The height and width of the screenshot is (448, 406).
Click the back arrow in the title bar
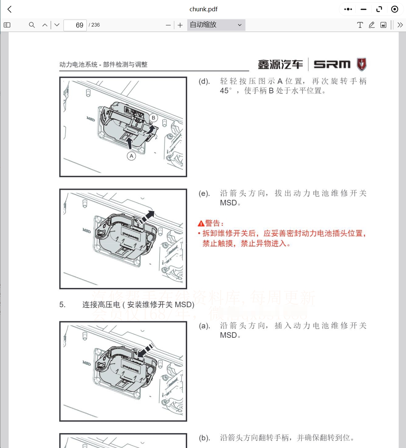(x=10, y=9)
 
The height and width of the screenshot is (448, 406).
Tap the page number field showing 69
(x=75, y=25)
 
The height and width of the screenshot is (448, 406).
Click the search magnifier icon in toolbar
(x=32, y=25)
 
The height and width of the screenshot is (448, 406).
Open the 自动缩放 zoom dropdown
(x=216, y=25)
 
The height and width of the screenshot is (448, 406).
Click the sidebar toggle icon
(x=7, y=25)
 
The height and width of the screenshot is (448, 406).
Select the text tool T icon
(x=360, y=25)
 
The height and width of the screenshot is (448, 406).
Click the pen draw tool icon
(x=372, y=25)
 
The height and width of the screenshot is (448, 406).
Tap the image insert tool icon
(x=383, y=25)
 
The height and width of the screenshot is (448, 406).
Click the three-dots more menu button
(x=348, y=9)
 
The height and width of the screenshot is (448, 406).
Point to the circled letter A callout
(x=132, y=156)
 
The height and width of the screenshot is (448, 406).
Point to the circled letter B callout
(x=153, y=118)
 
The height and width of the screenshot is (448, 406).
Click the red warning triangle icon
(x=201, y=224)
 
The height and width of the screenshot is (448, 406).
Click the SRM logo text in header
(x=332, y=64)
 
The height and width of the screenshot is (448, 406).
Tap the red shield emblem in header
(x=361, y=64)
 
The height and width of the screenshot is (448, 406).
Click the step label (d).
(x=204, y=82)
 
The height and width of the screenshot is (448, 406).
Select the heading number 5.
(x=62, y=305)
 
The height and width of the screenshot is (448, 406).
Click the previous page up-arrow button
(x=45, y=25)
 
